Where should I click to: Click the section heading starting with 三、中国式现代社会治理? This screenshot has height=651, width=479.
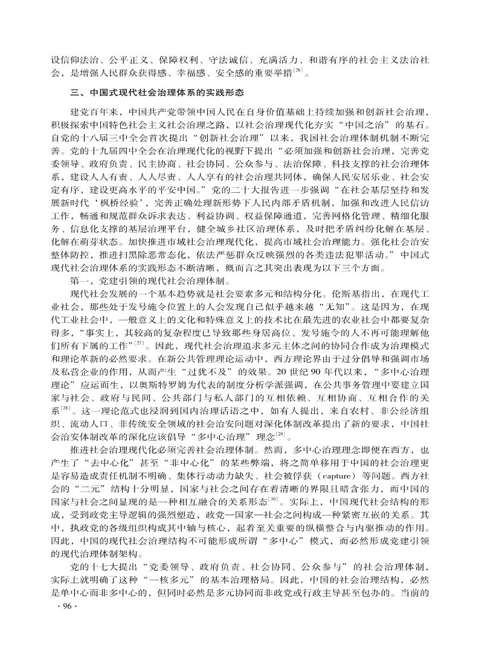coord(157,93)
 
